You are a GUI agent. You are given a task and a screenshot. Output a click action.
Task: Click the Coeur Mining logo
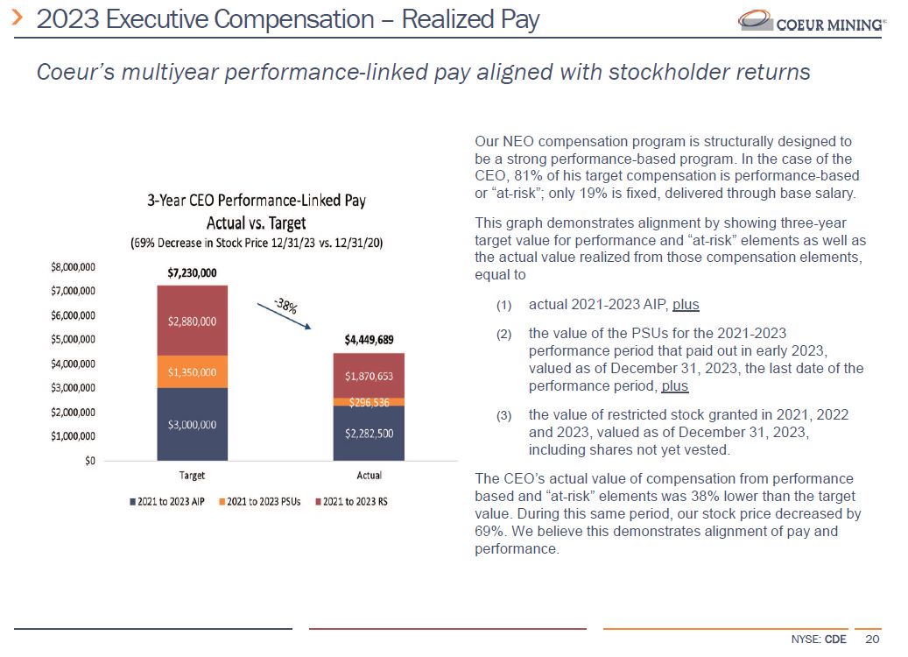(x=810, y=21)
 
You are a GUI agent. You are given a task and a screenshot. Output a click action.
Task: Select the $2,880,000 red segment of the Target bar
(x=192, y=320)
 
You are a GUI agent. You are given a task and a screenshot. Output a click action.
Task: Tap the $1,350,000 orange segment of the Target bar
(x=192, y=371)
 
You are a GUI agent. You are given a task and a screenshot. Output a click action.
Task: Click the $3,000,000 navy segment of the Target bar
(x=192, y=424)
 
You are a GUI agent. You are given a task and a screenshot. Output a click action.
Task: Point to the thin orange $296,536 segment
(x=369, y=402)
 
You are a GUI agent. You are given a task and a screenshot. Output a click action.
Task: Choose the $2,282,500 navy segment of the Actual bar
(x=369, y=433)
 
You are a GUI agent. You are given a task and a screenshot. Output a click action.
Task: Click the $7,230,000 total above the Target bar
(x=192, y=272)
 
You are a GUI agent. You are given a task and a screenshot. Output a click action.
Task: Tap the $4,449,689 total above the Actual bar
(x=369, y=339)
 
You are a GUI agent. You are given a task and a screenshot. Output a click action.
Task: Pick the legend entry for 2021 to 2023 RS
(x=352, y=502)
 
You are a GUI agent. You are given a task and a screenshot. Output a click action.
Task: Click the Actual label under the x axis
(x=369, y=476)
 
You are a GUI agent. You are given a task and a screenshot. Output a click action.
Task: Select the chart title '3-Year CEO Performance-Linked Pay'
(x=256, y=201)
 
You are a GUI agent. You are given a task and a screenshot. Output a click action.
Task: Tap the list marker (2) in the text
(x=503, y=334)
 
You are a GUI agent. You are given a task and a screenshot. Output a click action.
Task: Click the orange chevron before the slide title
(x=17, y=18)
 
